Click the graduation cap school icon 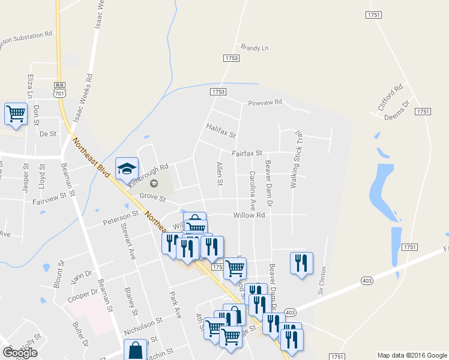coord(127,169)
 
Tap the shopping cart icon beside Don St coord(16,113)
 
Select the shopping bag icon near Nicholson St coord(136,350)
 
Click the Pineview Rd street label coord(265,102)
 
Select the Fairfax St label coord(247,153)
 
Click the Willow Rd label coord(249,215)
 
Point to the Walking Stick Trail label coord(295,161)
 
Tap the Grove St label coord(152,196)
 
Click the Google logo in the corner coord(19,353)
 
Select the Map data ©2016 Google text coord(412,355)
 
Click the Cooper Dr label coord(83,295)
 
